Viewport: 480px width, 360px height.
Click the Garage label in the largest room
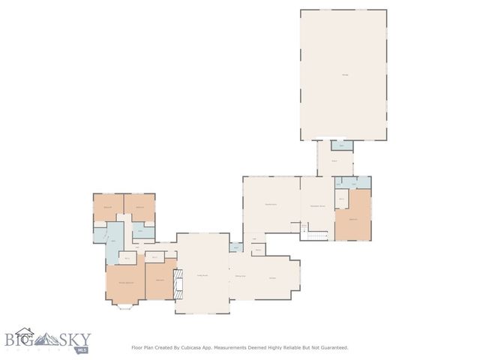click(344, 73)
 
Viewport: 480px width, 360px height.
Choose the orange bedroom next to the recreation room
click(352, 218)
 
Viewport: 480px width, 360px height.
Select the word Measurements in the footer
click(240, 347)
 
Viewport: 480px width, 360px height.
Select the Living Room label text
click(202, 276)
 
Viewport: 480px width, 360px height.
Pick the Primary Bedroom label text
click(124, 282)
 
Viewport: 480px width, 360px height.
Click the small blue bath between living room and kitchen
click(235, 246)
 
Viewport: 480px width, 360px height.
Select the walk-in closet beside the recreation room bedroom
click(340, 199)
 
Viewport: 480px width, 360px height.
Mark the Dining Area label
click(241, 277)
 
